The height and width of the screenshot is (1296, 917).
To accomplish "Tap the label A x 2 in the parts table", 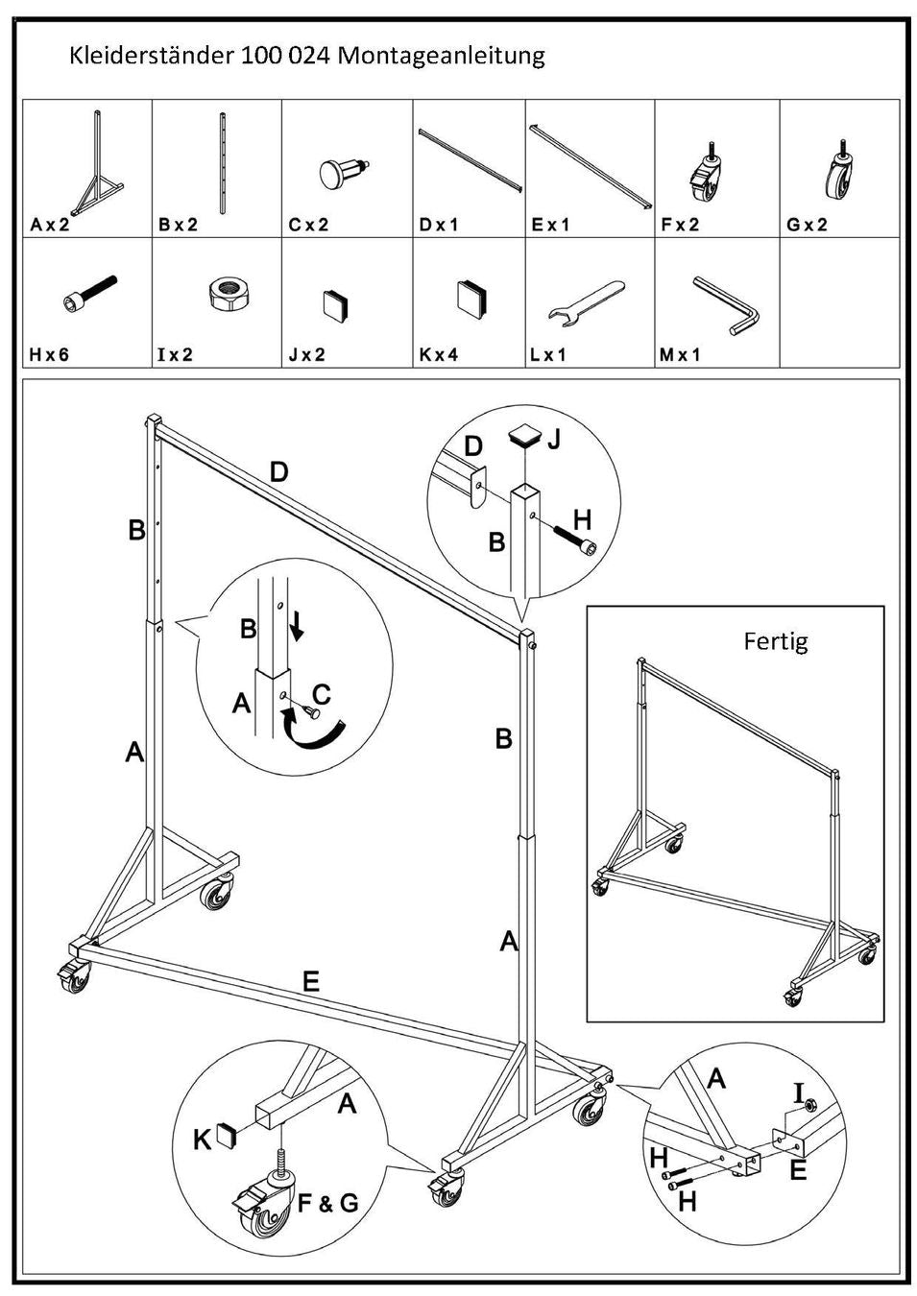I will point(50,225).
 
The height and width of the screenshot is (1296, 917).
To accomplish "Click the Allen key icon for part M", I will point(726,304).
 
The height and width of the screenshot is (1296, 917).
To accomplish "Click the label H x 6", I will point(49,354).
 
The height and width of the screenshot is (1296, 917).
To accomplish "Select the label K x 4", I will point(439,354).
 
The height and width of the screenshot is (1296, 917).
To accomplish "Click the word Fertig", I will point(776,640).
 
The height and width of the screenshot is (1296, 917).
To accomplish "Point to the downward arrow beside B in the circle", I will point(297,625).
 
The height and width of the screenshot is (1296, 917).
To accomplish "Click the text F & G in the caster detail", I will point(327,1202).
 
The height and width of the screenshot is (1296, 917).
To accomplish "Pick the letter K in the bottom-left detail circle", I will point(203,1140).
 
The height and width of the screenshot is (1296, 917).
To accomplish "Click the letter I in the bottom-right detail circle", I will point(798,1092).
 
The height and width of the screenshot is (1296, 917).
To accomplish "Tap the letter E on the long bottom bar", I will point(310,981).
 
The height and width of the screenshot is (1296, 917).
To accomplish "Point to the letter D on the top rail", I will point(278,471).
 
